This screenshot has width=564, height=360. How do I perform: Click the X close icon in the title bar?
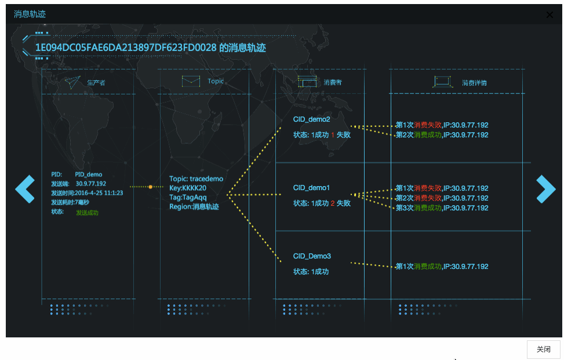tap(550, 14)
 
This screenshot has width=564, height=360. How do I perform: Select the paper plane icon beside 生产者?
tap(72, 82)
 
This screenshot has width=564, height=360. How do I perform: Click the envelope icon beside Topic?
tap(191, 81)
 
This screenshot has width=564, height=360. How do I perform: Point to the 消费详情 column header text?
tap(474, 83)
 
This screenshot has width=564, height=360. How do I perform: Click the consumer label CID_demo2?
tap(311, 119)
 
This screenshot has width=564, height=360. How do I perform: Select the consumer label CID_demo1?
tap(311, 188)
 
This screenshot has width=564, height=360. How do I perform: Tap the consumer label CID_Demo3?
tap(312, 256)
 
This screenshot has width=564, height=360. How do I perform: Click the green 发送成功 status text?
tap(87, 213)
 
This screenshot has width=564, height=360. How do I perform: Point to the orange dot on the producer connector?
tap(150, 187)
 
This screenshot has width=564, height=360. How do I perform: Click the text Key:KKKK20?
tap(188, 188)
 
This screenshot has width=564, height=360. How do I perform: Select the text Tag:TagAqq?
tap(188, 197)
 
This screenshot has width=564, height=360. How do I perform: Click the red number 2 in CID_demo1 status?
tap(333, 203)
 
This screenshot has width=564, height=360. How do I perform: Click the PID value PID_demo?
tap(89, 174)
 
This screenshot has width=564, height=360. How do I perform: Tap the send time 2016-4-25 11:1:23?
tap(99, 193)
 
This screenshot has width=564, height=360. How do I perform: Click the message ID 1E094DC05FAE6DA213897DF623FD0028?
tap(126, 48)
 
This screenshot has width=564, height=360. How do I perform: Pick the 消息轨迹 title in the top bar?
tap(30, 14)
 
